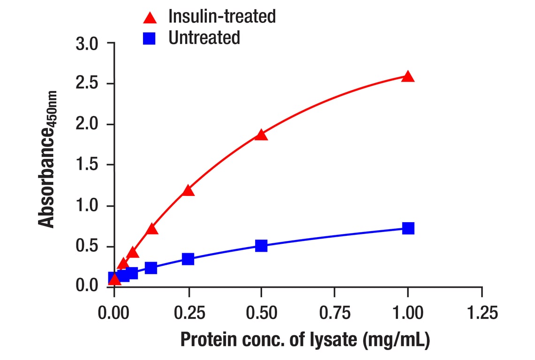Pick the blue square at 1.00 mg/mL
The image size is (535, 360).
click(408, 228)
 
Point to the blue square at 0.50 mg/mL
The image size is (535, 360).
click(261, 246)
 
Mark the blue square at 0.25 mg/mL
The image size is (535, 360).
click(188, 259)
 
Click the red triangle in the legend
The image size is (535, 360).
click(150, 18)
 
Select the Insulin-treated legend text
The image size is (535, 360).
click(222, 16)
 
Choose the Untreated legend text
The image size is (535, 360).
click(204, 37)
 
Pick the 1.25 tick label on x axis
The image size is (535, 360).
click(482, 313)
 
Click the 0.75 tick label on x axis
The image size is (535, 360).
click(334, 313)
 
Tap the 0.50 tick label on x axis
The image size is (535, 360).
click(261, 313)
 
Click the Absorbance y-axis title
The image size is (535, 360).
click(47, 159)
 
